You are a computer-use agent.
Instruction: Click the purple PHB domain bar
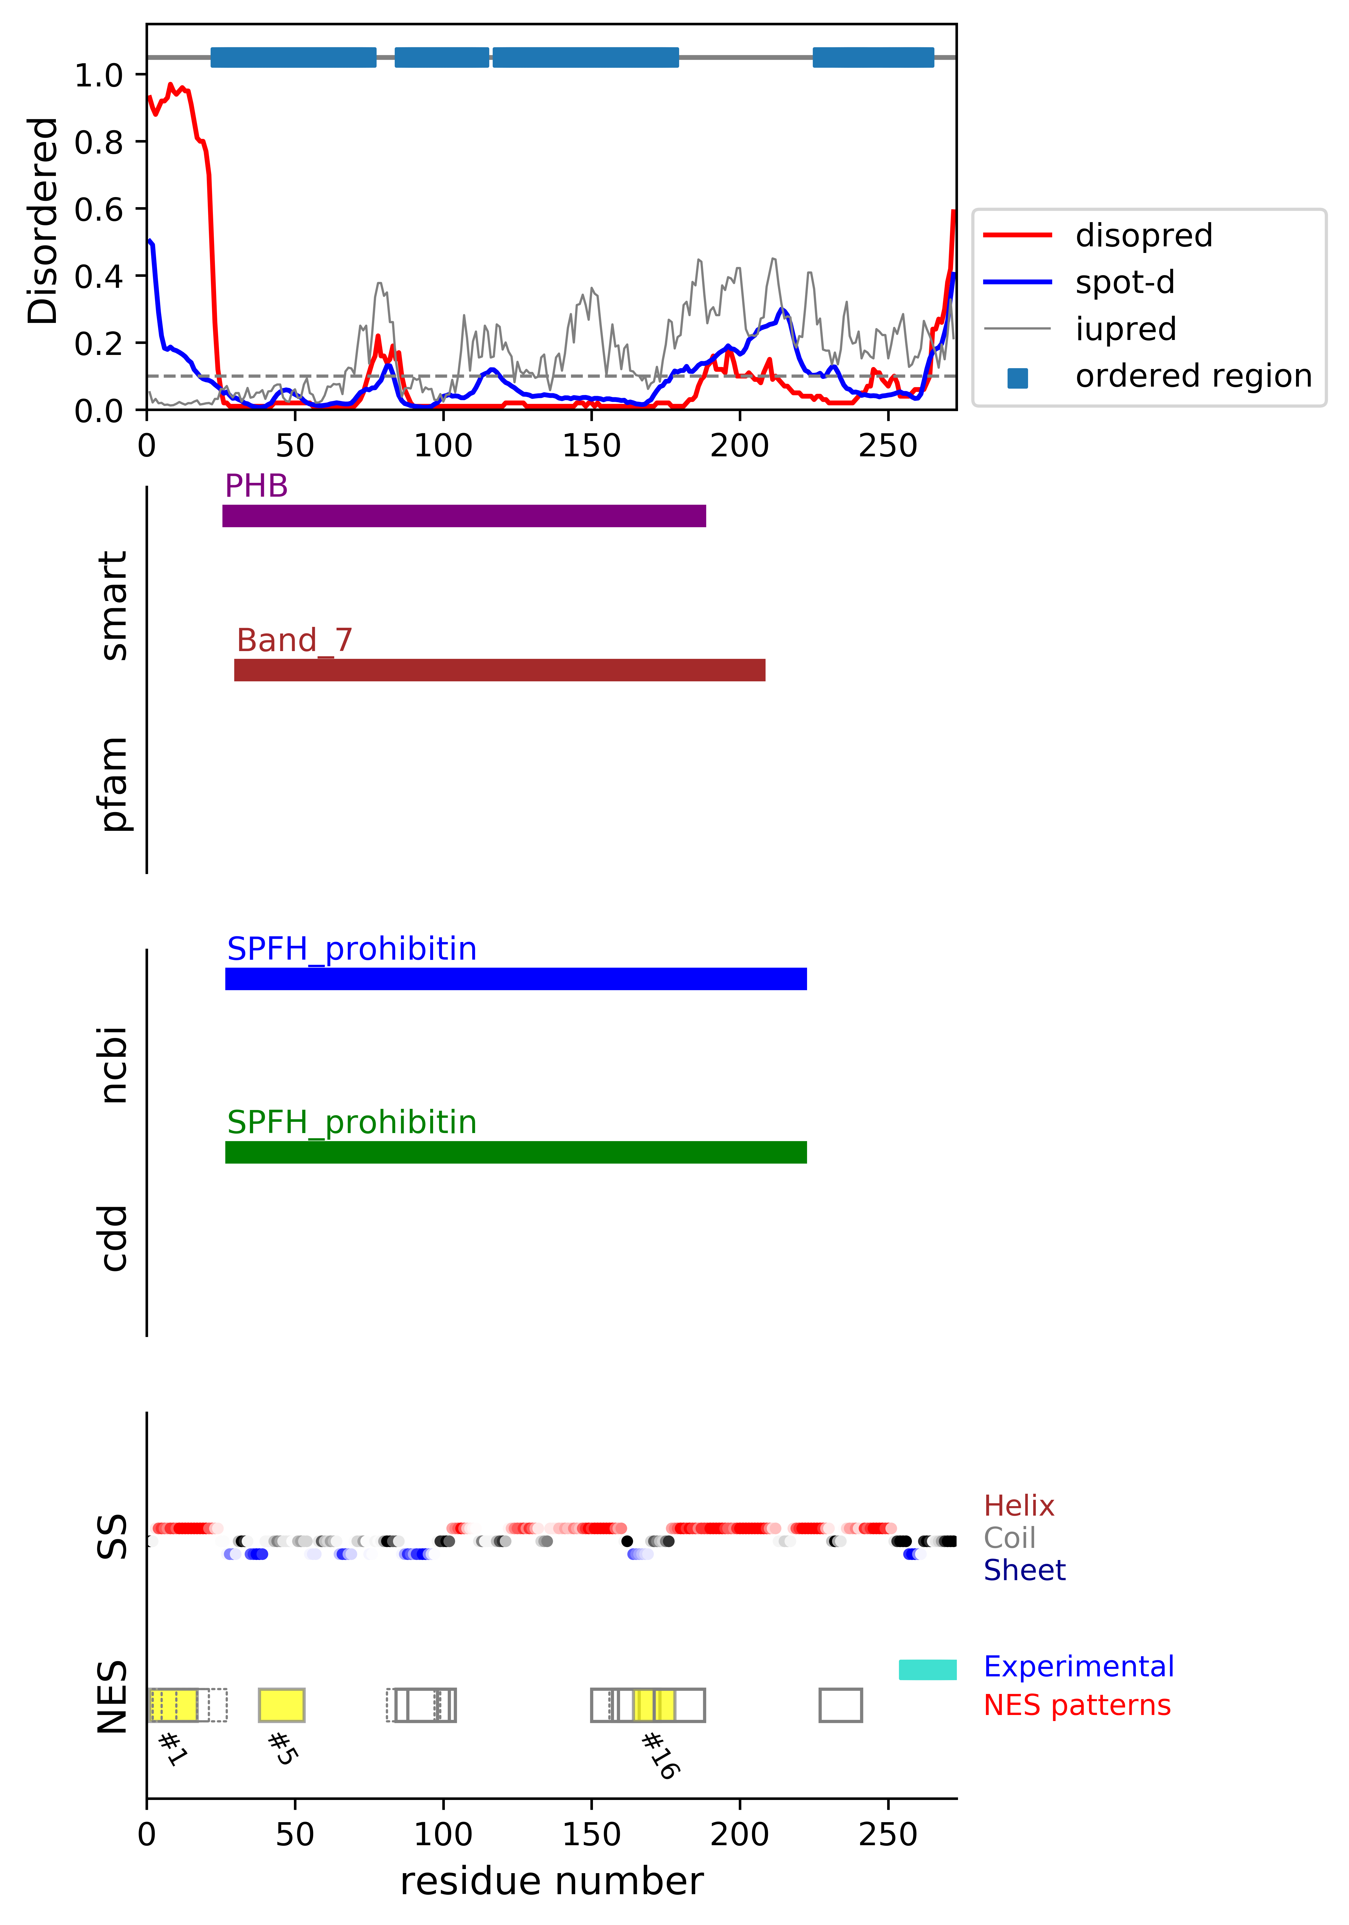point(464,516)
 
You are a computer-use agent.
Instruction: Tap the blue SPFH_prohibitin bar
point(516,978)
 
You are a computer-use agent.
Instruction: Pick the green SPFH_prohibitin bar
point(516,1152)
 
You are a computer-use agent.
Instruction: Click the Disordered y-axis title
point(42,220)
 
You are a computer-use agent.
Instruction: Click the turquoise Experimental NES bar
point(927,1669)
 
